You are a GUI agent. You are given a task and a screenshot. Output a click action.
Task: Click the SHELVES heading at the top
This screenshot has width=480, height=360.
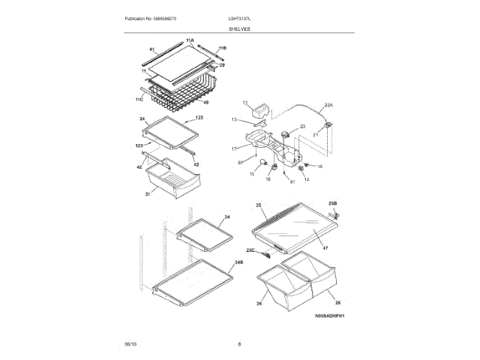pyautogui.click(x=240, y=28)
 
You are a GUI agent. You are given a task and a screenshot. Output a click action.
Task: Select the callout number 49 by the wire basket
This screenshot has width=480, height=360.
pyautogui.click(x=205, y=103)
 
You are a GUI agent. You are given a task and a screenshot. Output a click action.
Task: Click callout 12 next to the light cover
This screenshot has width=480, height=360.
pyautogui.click(x=245, y=102)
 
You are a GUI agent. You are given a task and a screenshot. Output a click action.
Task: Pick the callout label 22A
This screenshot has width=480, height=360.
pyautogui.click(x=328, y=106)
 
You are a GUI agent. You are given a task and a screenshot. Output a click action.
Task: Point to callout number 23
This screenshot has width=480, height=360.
pyautogui.click(x=303, y=127)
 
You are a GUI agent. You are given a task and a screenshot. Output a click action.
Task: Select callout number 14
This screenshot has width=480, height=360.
pyautogui.click(x=306, y=180)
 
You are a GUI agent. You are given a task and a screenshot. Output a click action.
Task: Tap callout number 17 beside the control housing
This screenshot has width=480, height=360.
pyautogui.click(x=234, y=148)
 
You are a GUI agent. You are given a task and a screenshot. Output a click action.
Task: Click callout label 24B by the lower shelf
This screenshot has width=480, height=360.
pyautogui.click(x=238, y=262)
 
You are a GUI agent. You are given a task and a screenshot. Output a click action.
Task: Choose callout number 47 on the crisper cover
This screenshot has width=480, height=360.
pyautogui.click(x=325, y=247)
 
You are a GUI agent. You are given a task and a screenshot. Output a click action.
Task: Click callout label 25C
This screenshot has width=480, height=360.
pyautogui.click(x=250, y=250)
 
